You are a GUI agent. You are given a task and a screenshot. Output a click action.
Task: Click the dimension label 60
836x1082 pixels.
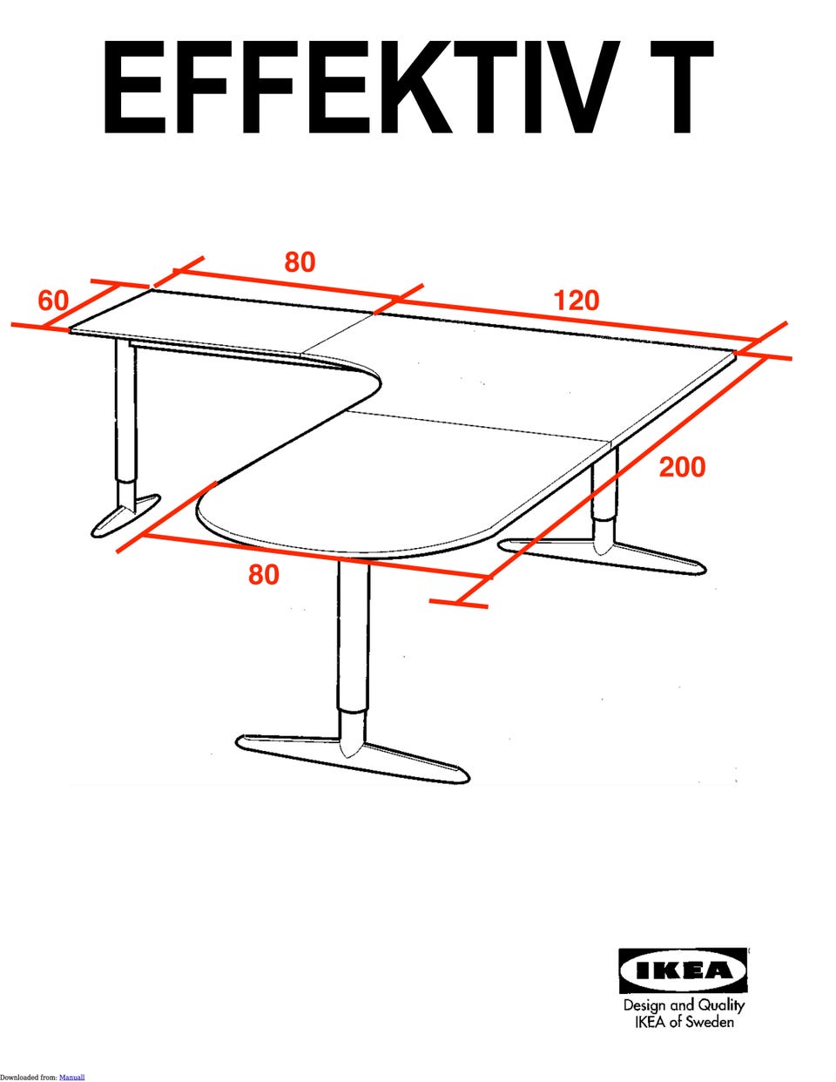coord(53,301)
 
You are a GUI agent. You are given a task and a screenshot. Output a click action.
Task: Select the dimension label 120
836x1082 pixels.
coord(576,301)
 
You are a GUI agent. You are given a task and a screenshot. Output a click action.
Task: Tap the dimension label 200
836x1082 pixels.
coord(682,467)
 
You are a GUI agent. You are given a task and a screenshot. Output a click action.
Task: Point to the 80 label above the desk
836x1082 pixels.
coord(300,262)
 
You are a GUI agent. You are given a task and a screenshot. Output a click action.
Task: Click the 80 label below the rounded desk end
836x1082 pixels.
coord(264,574)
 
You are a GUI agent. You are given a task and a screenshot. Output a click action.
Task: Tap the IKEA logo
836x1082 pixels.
coord(683,971)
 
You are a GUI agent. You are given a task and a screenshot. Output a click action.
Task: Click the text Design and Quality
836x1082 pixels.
coord(684,1005)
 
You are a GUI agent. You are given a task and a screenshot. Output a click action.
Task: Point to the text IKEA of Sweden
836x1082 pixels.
coord(684,1022)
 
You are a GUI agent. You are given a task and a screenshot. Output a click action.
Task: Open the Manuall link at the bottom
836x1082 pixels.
coord(72,1078)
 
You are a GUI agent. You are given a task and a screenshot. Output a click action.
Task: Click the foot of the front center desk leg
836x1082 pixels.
coord(353,758)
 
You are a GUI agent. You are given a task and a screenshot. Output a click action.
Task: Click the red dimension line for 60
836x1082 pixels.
coord(81,307)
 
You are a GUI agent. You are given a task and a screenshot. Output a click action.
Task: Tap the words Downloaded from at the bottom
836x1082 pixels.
coord(29,1078)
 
